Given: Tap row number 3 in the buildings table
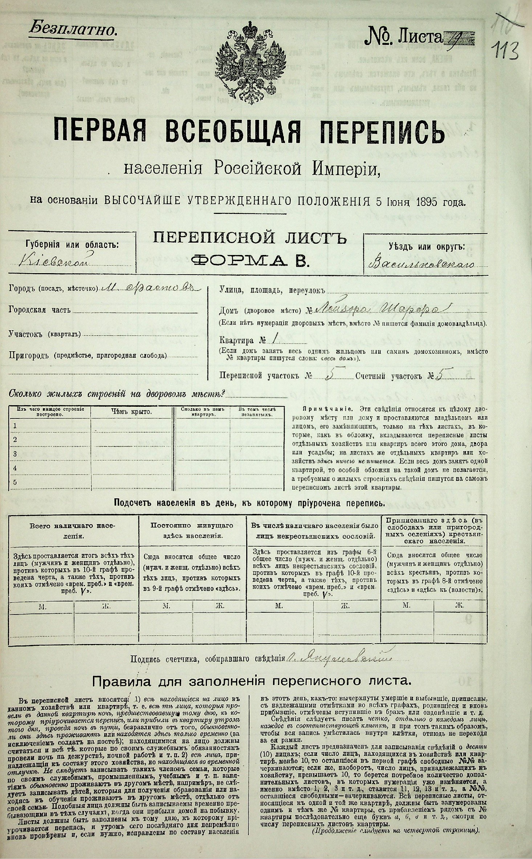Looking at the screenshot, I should pyautogui.click(x=15, y=454).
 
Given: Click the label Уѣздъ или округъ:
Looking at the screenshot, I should pyautogui.click(x=426, y=247).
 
